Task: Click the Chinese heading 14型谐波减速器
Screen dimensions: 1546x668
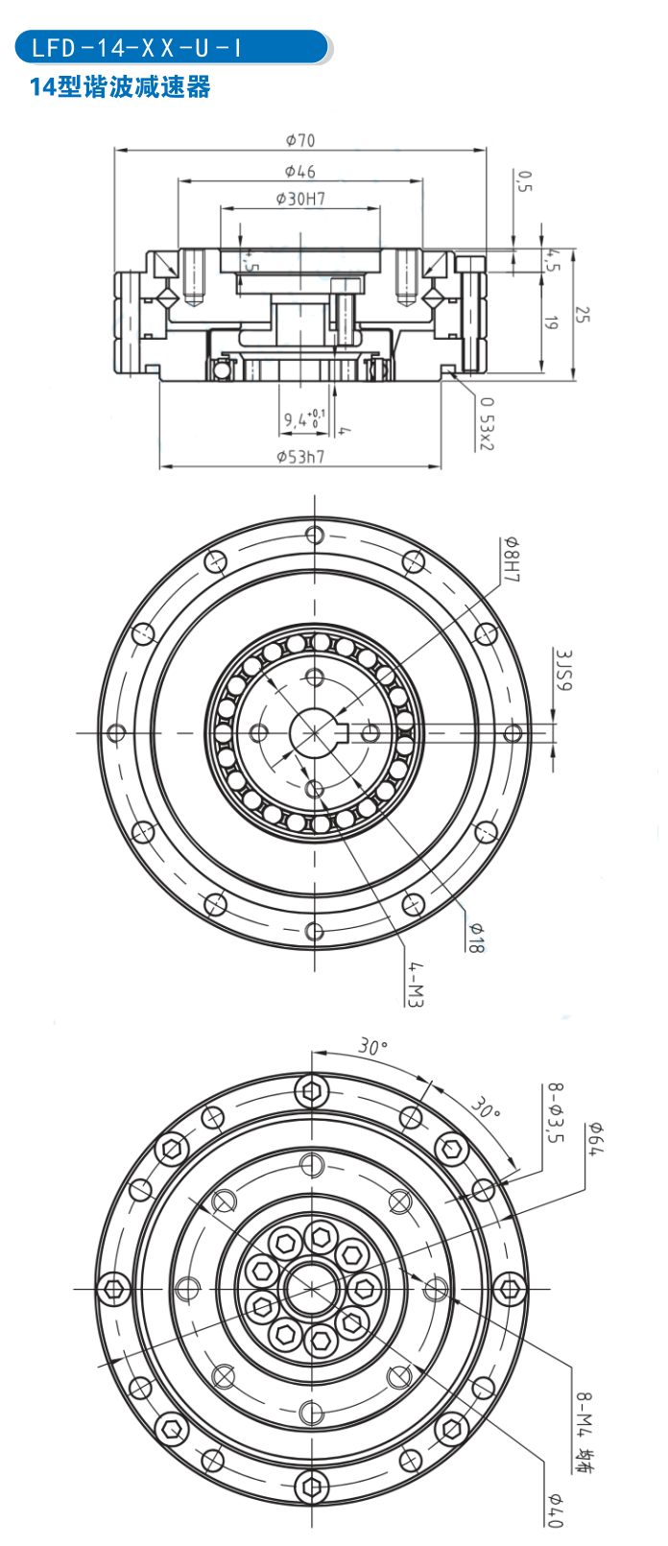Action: [x=120, y=87]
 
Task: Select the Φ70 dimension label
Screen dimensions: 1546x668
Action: [x=299, y=140]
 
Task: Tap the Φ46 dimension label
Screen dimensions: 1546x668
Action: [x=299, y=171]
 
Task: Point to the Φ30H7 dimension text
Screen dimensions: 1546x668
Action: [x=299, y=199]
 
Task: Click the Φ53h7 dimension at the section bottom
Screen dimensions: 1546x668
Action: [x=300, y=456]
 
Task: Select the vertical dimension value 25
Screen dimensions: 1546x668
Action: [x=582, y=314]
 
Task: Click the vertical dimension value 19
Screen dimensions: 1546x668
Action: [x=551, y=323]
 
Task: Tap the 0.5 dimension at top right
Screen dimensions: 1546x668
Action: [x=523, y=181]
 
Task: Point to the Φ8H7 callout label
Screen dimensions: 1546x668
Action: [x=511, y=560]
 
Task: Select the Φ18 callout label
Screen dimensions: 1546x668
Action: [x=475, y=937]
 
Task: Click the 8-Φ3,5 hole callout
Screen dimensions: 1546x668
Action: [x=554, y=1113]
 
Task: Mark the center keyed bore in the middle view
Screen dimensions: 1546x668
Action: [x=314, y=732]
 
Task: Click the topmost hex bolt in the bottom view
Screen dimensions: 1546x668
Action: [x=312, y=1090]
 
